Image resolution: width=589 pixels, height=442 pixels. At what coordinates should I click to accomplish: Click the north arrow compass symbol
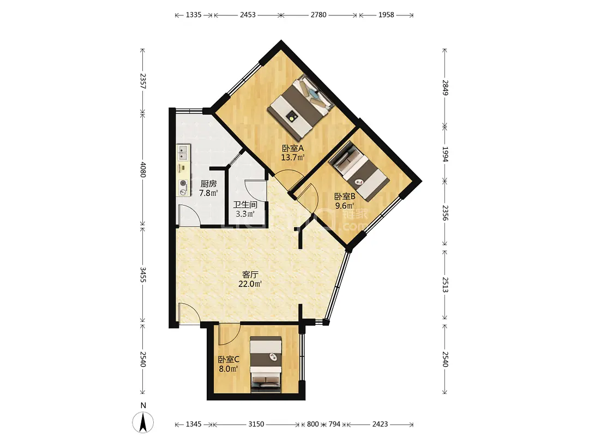143,422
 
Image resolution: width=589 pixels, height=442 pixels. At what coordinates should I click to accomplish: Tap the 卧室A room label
293,148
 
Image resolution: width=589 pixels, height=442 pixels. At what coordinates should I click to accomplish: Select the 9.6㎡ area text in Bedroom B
345,206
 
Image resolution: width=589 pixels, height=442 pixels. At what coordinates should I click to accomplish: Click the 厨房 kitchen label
208,184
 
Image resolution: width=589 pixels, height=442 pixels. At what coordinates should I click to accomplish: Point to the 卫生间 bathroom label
245,205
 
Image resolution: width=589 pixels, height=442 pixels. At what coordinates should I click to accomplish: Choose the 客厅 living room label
250,274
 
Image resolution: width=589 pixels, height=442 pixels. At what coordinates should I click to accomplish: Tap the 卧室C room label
229,359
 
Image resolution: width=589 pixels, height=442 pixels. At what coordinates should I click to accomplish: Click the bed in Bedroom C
266,364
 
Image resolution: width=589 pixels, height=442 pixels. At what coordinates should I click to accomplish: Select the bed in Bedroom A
300,106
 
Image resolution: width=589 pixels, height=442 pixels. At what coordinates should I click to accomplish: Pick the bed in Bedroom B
359,171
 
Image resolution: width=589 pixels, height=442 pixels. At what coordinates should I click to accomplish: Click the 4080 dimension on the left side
143,170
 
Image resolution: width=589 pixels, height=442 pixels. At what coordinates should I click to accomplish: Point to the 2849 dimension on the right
445,87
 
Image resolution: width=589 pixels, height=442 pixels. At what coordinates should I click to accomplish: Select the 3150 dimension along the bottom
256,424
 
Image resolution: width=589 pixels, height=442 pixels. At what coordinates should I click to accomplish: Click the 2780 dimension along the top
318,15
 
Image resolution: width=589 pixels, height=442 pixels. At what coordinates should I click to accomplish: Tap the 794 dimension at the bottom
334,424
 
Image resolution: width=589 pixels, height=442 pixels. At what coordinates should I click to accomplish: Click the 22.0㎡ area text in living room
250,284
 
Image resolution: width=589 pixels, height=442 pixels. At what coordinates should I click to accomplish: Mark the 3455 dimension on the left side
143,274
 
